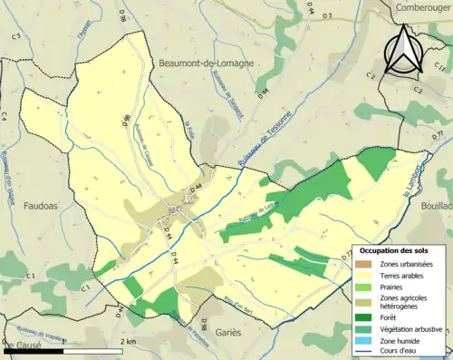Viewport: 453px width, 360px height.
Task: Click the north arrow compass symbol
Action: [x=403, y=50]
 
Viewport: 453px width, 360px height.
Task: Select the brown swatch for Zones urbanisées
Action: [x=366, y=263]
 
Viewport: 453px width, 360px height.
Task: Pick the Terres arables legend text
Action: [x=405, y=276]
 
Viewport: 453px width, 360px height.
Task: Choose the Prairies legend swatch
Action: [x=366, y=288]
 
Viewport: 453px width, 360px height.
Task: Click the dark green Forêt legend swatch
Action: [x=366, y=317]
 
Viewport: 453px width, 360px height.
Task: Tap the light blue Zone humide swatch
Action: [x=366, y=341]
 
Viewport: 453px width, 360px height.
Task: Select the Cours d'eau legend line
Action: [x=366, y=353]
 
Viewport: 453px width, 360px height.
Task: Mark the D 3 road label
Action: [x=327, y=15]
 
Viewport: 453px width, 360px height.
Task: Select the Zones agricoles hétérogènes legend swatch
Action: [x=366, y=303]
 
